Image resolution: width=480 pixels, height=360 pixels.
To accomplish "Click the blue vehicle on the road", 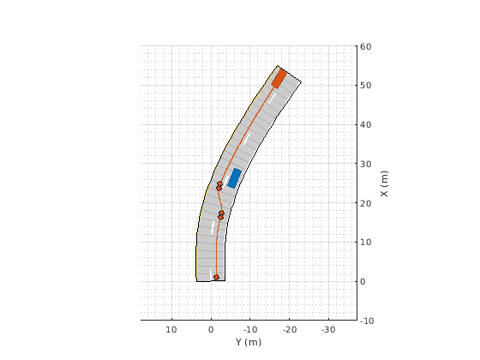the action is pyautogui.click(x=235, y=178).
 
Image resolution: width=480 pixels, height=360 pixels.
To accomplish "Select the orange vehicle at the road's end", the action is pyautogui.click(x=279, y=79).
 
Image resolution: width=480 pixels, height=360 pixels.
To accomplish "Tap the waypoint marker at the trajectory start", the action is pyautogui.click(x=216, y=278).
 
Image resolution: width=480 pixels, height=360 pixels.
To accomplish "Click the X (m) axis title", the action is pyautogui.click(x=384, y=183).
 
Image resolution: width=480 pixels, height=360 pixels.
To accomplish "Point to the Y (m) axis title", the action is pyautogui.click(x=249, y=342).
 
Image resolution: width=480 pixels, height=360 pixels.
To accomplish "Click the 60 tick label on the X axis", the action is pyautogui.click(x=366, y=46).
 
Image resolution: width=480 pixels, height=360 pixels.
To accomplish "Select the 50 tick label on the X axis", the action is pyautogui.click(x=366, y=86).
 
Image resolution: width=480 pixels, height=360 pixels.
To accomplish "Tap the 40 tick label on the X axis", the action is pyautogui.click(x=366, y=124).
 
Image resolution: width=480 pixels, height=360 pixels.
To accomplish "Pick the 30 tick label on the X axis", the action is pyautogui.click(x=366, y=164).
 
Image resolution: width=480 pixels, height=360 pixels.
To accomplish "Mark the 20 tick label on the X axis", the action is pyautogui.click(x=366, y=203).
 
